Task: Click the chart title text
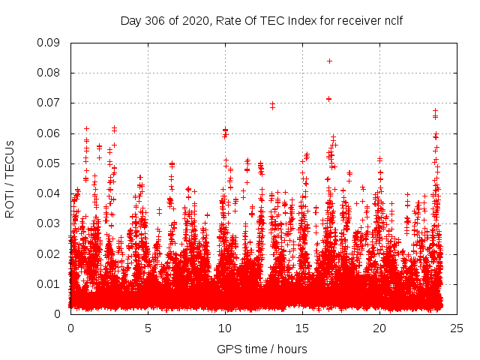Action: point(262,21)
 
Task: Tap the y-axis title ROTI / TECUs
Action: point(10,178)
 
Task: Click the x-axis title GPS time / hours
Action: point(262,349)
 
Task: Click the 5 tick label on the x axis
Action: point(148,328)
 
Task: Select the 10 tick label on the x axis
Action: point(225,328)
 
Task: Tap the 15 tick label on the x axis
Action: point(302,328)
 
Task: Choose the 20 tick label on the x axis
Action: point(379,328)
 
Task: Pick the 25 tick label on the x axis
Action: point(457,328)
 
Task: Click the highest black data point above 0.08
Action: point(329,61)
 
